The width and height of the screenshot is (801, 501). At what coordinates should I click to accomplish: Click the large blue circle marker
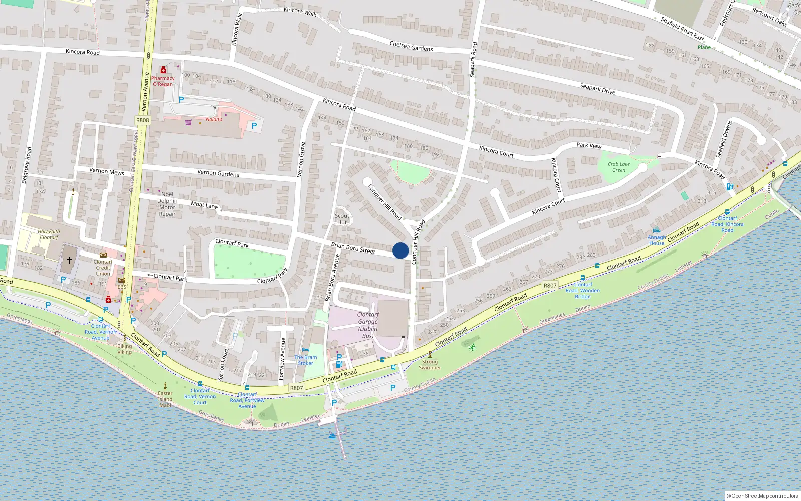[x=400, y=250]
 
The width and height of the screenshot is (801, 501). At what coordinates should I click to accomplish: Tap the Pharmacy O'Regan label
[x=163, y=81]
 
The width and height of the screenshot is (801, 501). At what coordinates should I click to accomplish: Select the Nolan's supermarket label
[x=214, y=119]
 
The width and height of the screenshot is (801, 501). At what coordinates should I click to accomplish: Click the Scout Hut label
[x=342, y=219]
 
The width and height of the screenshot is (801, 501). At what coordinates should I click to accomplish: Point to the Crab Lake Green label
[x=619, y=167]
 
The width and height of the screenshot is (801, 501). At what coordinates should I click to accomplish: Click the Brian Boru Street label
[x=353, y=247]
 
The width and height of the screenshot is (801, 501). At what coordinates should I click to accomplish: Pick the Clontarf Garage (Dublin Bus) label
[x=368, y=325]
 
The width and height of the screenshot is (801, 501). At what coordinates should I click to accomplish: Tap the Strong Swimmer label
[x=430, y=364]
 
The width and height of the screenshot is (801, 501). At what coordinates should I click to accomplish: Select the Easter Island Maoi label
[x=165, y=399]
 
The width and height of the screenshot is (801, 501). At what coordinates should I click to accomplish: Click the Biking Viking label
[x=125, y=349]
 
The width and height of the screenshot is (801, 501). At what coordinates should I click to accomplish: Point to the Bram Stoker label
[x=305, y=360]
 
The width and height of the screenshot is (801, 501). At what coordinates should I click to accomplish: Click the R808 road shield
[x=143, y=120]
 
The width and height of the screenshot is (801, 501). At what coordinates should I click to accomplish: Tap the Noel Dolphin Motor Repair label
[x=167, y=204]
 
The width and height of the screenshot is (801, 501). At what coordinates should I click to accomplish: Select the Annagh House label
[x=657, y=240]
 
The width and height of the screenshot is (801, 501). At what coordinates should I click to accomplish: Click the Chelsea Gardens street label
[x=411, y=46]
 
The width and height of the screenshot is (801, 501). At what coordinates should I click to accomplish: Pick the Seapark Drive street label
[x=597, y=89]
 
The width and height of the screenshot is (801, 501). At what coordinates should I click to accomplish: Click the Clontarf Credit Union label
[x=103, y=268]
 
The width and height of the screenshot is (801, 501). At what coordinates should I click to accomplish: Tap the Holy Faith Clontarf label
[x=49, y=234]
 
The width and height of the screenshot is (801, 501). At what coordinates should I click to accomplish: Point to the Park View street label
[x=589, y=145]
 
